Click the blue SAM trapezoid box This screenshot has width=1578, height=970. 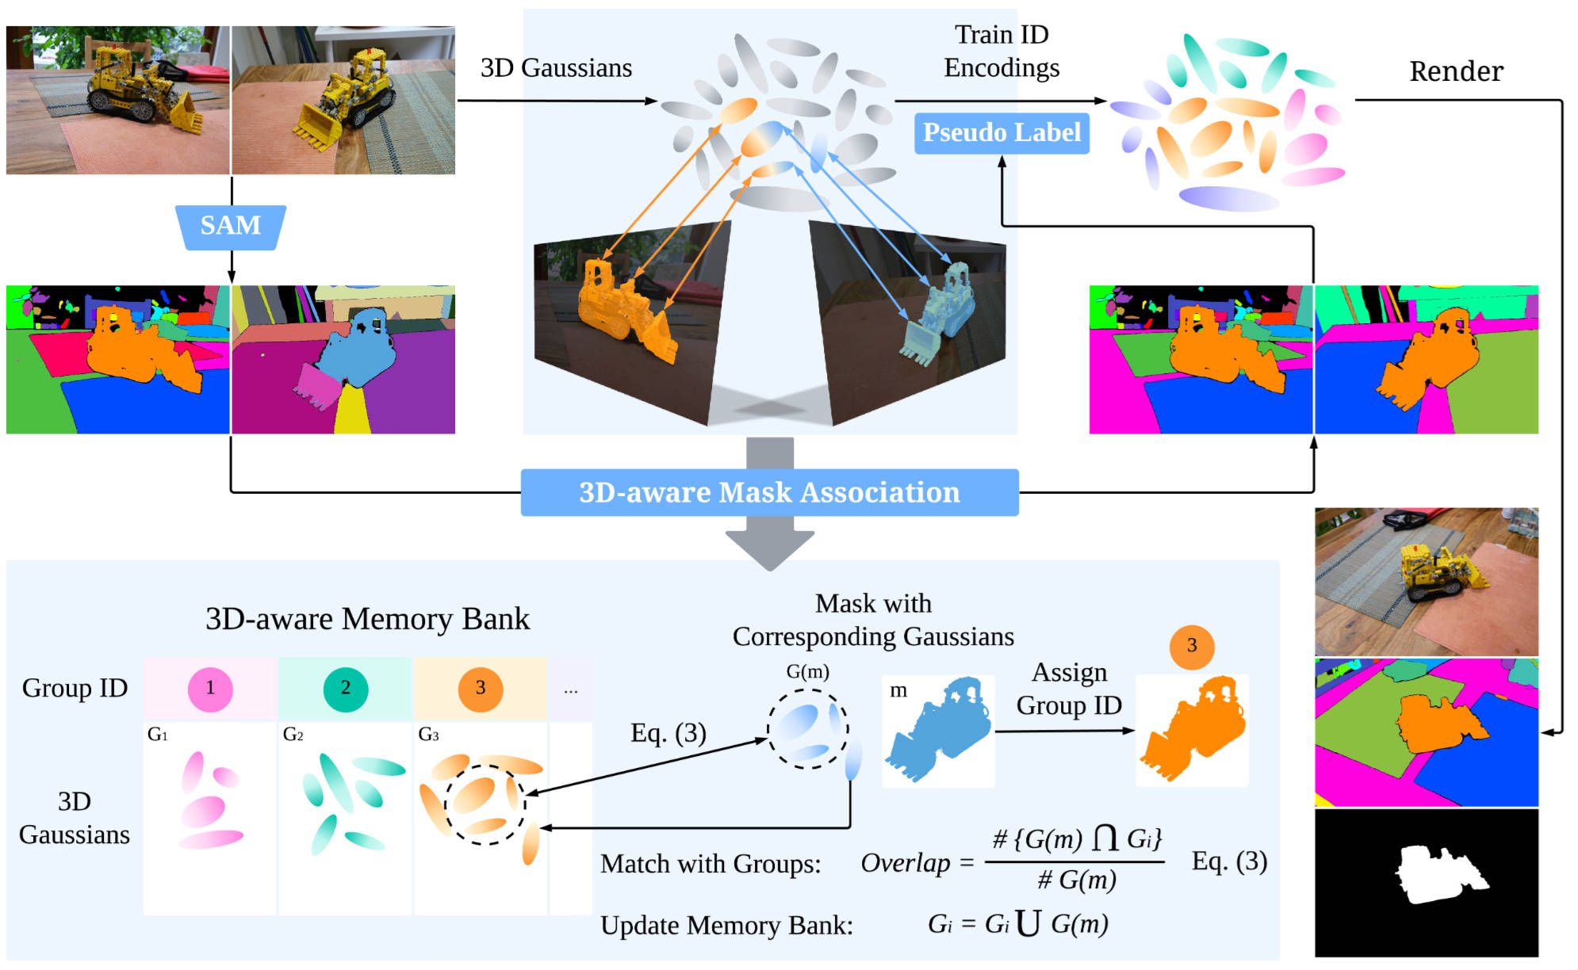coord(231,226)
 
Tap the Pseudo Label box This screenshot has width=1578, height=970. coord(1002,132)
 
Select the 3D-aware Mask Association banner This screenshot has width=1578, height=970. coord(769,492)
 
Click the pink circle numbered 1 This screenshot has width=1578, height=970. coord(210,688)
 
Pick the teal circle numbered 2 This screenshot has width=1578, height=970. coord(346,688)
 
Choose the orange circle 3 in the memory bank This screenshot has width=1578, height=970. coord(481,688)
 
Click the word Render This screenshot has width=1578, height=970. coord(1456,71)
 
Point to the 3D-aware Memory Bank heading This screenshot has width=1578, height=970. coord(367,619)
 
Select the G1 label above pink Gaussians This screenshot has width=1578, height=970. coord(158,735)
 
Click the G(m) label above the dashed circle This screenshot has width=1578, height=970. coord(807,672)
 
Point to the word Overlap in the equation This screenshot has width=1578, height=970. coord(906,862)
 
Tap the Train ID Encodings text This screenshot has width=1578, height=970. coord(1002,52)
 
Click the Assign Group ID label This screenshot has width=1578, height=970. coord(1069,689)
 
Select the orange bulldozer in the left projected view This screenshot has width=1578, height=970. coord(622,313)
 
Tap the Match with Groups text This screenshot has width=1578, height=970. coord(710,864)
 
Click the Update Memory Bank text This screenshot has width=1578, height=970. coord(726,925)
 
